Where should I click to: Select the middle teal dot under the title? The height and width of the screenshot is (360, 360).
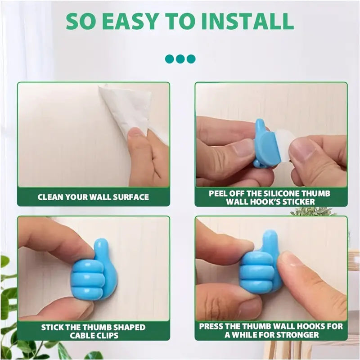pyautogui.click(x=180, y=58)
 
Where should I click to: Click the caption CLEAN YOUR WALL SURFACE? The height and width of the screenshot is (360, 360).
pyautogui.click(x=93, y=197)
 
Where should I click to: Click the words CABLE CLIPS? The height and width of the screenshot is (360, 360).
pyautogui.click(x=93, y=336)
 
